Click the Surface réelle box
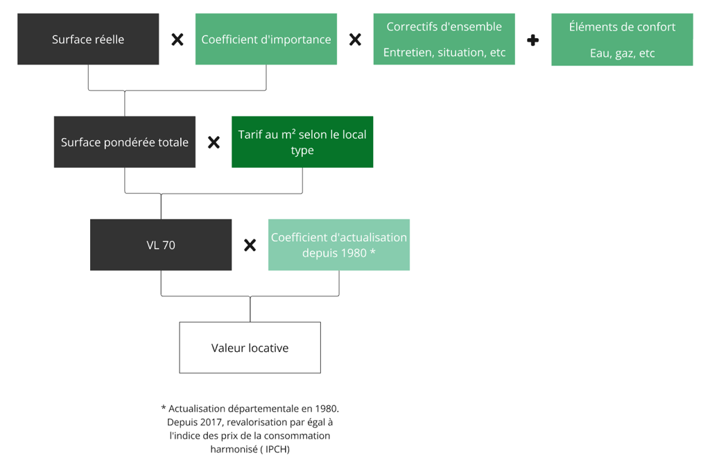(x=88, y=39)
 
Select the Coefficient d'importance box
(x=266, y=39)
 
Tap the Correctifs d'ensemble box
(x=444, y=39)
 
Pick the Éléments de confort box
(x=622, y=40)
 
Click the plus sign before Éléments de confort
(x=533, y=40)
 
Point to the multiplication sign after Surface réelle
(x=177, y=40)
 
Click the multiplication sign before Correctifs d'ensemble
(x=356, y=40)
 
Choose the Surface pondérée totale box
(x=125, y=142)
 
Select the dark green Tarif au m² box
(x=302, y=142)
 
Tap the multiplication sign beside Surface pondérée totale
(x=214, y=142)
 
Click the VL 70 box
(x=161, y=245)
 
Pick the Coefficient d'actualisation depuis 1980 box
(x=339, y=245)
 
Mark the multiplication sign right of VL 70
(x=250, y=245)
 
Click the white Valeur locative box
(x=250, y=348)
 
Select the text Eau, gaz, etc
(x=622, y=53)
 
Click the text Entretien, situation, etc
(x=444, y=53)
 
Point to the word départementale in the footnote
(x=263, y=409)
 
